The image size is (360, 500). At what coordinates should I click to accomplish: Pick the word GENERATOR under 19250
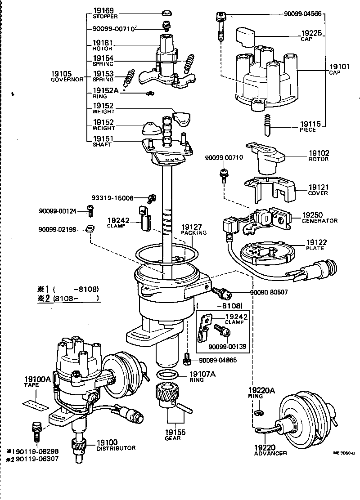[320, 221]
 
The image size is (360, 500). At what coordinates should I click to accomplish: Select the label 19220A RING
[261, 391]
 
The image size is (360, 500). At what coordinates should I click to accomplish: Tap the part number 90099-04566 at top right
[303, 14]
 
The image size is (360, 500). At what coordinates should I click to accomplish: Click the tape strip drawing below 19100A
[35, 404]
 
